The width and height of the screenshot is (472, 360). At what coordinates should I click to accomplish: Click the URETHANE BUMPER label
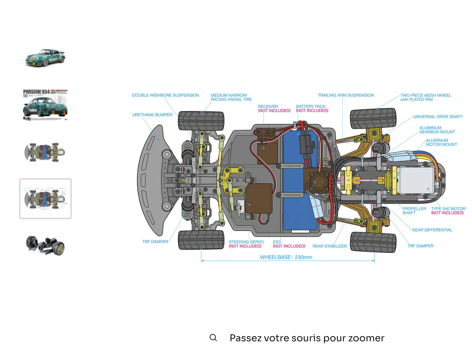point(152,115)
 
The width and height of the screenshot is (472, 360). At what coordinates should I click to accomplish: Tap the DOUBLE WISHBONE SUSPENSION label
point(165,95)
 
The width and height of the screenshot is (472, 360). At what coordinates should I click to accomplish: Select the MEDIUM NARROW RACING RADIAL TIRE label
point(231,97)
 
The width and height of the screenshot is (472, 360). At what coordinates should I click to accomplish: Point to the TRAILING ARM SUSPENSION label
point(346,95)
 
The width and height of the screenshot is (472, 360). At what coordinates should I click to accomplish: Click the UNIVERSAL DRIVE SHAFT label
point(438,117)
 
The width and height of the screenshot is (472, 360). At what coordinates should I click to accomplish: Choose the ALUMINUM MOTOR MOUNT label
point(441,142)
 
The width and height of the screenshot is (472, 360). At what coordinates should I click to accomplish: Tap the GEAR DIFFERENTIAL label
point(432,230)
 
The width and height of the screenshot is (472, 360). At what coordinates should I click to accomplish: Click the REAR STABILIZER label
point(329,246)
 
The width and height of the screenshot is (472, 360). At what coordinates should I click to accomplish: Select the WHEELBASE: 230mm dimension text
point(286,257)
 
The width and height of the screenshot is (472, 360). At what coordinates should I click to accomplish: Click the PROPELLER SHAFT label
point(414,210)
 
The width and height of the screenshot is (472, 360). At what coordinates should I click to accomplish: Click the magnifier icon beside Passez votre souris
point(213,338)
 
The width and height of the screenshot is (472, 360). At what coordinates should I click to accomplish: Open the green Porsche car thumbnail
point(45,58)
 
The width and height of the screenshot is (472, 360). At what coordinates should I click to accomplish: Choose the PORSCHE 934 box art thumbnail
point(45,105)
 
